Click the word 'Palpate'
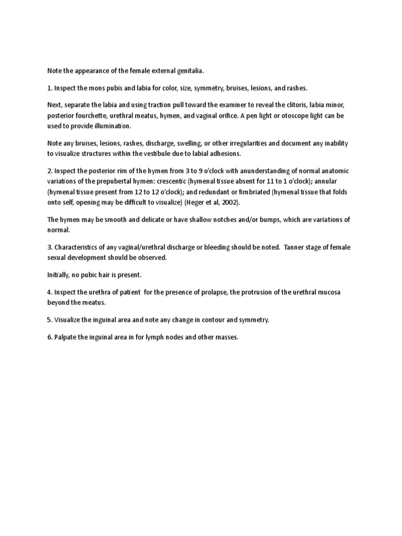click(x=66, y=337)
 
